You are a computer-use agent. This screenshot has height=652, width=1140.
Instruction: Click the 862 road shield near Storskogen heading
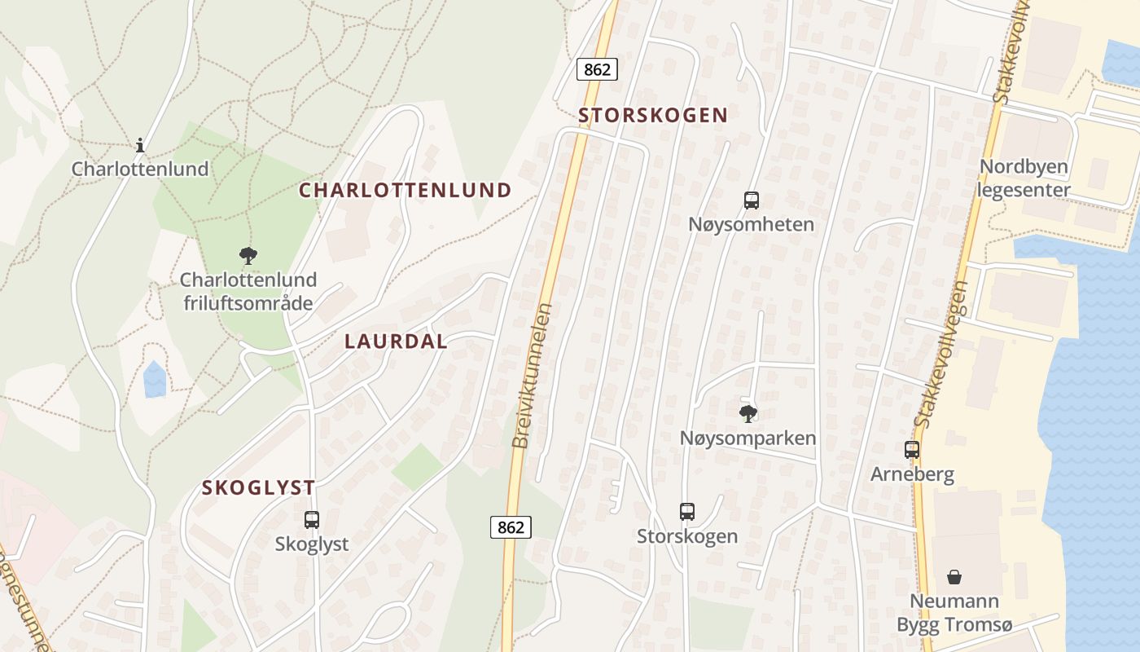(x=597, y=70)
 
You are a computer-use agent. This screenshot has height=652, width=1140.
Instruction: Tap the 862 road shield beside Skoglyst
(x=511, y=527)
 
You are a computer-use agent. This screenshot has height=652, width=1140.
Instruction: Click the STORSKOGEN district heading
(x=653, y=115)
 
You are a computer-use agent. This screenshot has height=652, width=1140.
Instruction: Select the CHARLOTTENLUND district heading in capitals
(x=406, y=191)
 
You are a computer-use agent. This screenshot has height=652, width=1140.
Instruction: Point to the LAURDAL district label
(x=397, y=341)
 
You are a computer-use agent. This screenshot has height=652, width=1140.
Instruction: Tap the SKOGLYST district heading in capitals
(x=259, y=488)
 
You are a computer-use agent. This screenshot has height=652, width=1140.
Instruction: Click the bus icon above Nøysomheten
(x=751, y=200)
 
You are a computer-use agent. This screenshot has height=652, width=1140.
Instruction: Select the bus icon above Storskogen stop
(x=687, y=512)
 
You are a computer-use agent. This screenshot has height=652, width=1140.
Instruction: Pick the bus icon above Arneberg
(x=912, y=449)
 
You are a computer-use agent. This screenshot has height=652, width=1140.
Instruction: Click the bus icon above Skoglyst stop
(x=311, y=519)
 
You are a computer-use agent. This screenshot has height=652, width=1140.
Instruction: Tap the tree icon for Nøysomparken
(x=748, y=414)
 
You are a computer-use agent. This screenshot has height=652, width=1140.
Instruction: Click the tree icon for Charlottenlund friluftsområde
(x=248, y=256)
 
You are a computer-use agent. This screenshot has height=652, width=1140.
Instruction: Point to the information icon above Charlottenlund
(x=140, y=146)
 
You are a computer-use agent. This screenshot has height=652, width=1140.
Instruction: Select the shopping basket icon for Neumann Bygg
(x=954, y=578)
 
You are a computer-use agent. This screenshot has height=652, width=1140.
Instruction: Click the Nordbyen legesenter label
(x=1024, y=178)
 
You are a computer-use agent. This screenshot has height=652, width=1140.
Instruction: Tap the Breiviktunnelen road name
(x=533, y=375)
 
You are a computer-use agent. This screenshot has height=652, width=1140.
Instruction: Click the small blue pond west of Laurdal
(x=155, y=379)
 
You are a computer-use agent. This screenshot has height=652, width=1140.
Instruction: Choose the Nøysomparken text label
(x=748, y=438)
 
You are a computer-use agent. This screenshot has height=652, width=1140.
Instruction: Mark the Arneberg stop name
(x=912, y=474)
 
